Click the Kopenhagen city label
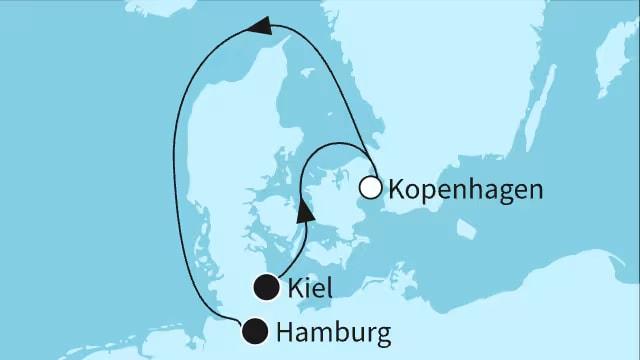pyautogui.click(x=465, y=188)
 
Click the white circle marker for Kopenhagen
pyautogui.click(x=371, y=186)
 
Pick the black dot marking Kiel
pyautogui.click(x=266, y=288)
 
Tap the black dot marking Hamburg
pyautogui.click(x=255, y=329)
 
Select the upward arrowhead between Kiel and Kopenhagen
pyautogui.click(x=307, y=211)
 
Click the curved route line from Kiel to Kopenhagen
pyautogui.click(x=310, y=160)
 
